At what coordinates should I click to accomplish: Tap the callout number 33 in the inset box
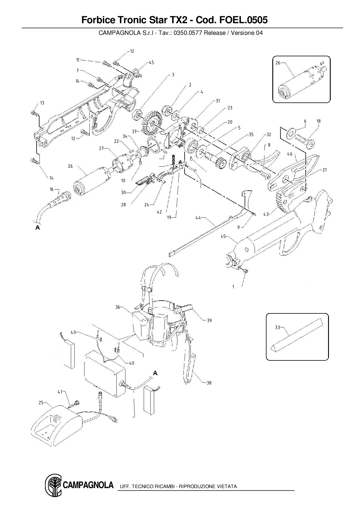pos(277,327)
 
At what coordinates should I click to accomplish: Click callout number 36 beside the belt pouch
pos(118,307)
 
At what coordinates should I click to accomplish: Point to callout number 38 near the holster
pos(209,383)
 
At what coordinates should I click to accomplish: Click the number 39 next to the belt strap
pos(209,320)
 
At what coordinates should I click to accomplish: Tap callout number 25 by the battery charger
pos(41,402)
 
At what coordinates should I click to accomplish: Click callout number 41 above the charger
pos(60,392)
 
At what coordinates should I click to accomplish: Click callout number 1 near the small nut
pos(233,287)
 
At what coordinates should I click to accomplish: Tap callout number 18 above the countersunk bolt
pos(318,121)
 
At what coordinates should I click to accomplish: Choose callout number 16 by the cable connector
pos(52,189)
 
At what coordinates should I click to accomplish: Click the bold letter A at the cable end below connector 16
pos(37,228)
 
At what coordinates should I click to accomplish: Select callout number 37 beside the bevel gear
pos(134,131)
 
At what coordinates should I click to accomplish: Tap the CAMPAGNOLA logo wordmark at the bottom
pos(88,485)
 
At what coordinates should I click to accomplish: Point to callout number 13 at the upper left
pos(42,103)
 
